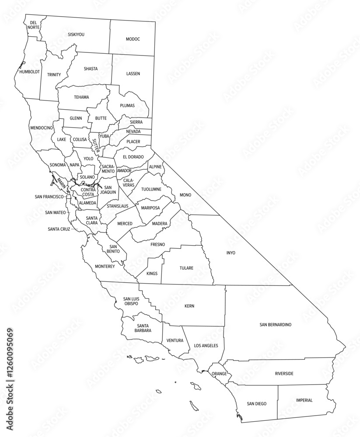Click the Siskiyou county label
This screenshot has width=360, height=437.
point(76,34)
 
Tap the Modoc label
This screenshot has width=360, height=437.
point(133,39)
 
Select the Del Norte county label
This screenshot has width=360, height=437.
point(34,24)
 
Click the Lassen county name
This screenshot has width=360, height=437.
point(133,73)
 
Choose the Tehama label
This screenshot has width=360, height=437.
point(81,97)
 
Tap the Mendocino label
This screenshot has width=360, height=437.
point(42,128)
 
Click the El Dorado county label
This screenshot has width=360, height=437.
point(133,156)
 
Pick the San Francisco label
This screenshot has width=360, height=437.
point(49,197)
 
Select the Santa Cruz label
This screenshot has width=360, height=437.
point(59,229)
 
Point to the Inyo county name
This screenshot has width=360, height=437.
point(230,253)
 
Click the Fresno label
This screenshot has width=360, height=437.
point(157,244)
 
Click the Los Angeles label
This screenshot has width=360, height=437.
point(206,346)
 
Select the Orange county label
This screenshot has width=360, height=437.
point(219,374)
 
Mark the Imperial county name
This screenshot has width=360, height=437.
point(304,400)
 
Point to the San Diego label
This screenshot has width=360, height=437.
point(256,404)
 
